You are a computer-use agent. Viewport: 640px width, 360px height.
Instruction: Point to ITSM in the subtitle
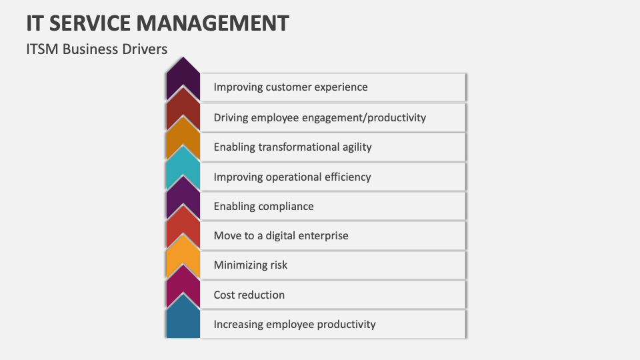[42, 49]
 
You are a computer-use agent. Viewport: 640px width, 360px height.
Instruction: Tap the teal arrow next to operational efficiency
[183, 172]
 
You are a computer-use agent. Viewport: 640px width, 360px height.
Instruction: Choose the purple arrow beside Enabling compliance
[183, 202]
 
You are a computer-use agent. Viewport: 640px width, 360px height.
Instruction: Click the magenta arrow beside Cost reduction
[183, 291]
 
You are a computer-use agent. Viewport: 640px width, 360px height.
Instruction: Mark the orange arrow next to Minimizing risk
[183, 261]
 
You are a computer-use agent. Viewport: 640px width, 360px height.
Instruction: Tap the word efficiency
[345, 177]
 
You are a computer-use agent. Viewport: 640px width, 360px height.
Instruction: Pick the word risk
[279, 265]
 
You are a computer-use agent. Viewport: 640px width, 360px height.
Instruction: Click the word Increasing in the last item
[238, 324]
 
